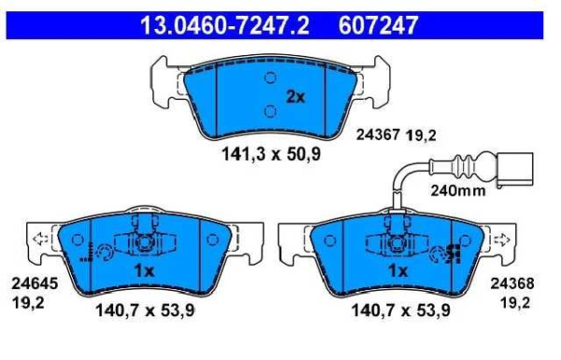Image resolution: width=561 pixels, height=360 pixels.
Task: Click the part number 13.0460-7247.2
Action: pyautogui.click(x=224, y=25)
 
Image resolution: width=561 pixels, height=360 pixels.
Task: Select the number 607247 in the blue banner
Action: pyautogui.click(x=378, y=25)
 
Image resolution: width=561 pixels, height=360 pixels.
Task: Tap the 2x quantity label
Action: pyautogui.click(x=295, y=96)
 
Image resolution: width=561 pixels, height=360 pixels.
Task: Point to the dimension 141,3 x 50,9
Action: pyautogui.click(x=271, y=154)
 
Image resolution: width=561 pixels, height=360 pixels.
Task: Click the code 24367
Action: pyautogui.click(x=378, y=136)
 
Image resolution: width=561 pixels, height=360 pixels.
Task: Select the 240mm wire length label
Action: pyautogui.click(x=458, y=191)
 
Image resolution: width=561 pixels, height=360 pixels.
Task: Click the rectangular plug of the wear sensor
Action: pyautogui.click(x=514, y=170)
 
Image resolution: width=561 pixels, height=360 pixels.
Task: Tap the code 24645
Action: pyautogui.click(x=35, y=283)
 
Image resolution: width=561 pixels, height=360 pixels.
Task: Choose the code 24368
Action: pyautogui.click(x=512, y=283)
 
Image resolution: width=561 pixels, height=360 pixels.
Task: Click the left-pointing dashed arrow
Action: pyautogui.click(x=40, y=238)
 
